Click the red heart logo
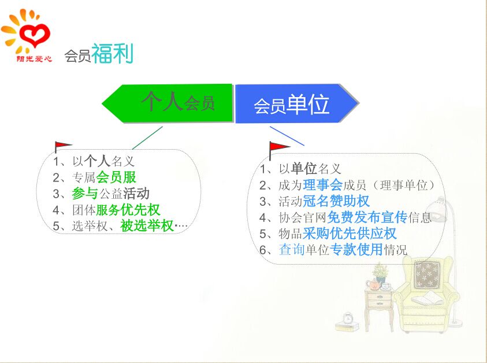34,35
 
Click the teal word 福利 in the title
113,53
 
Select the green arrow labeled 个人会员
167,103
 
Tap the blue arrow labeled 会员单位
297,103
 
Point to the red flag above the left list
62,146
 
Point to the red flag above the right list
278,149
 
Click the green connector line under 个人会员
147,138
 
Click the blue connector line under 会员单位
287,136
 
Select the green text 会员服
116,177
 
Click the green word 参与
85,193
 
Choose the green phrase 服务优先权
128,210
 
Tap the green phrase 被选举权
147,225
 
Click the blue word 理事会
323,185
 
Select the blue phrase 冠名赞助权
336,201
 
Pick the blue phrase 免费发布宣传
367,217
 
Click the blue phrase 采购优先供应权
350,234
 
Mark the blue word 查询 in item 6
292,249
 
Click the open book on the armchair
427,298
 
